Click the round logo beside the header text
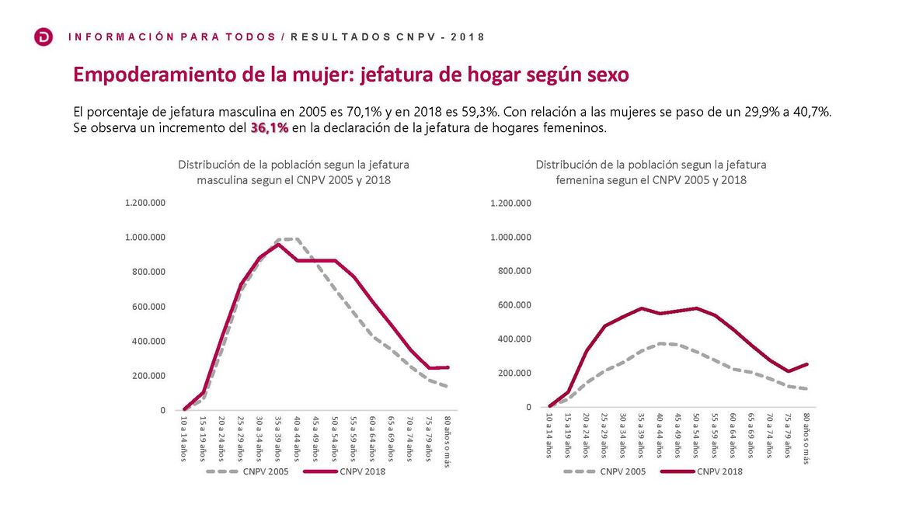point(44,36)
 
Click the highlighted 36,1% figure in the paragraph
point(270,128)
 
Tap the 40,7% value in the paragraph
point(812,112)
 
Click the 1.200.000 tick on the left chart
point(145,203)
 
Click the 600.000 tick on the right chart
point(511,305)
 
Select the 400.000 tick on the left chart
point(149,341)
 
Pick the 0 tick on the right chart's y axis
point(528,407)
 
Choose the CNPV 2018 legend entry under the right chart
point(719,471)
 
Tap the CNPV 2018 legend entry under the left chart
point(363,471)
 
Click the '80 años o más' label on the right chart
point(806,439)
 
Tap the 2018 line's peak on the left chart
point(278,245)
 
